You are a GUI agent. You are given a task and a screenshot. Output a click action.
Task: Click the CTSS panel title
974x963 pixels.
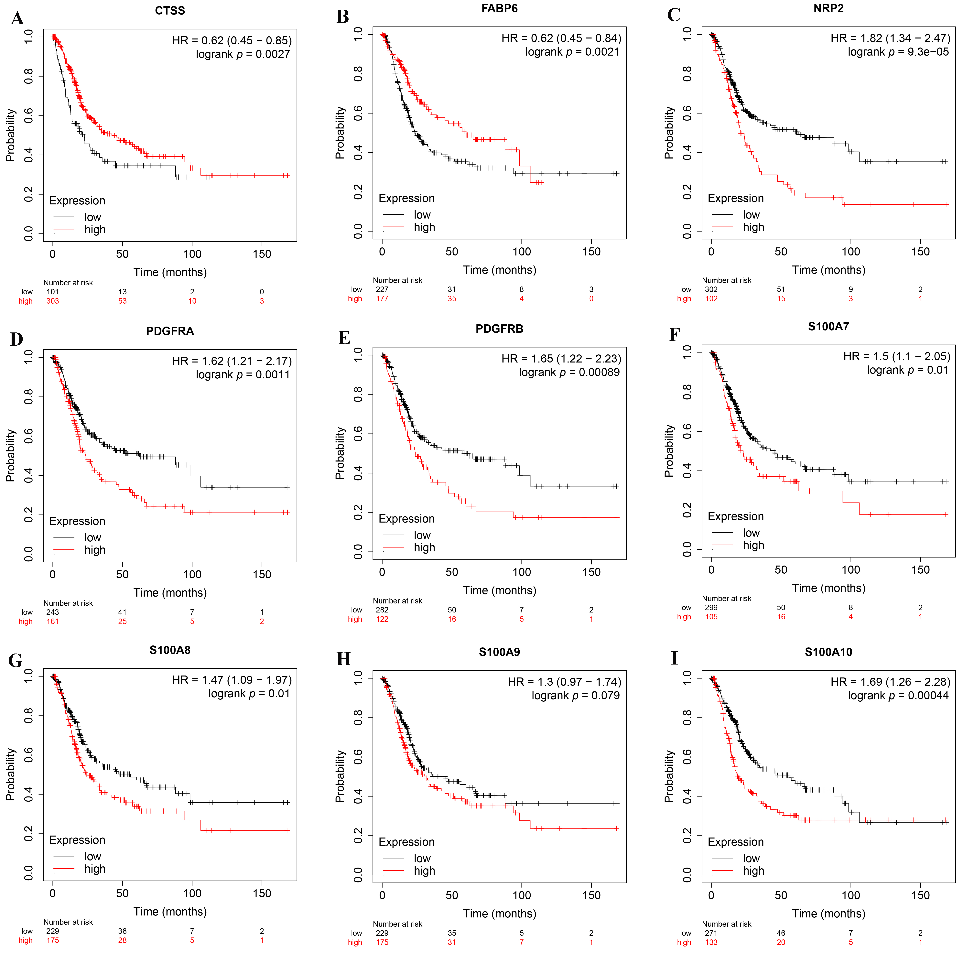point(170,11)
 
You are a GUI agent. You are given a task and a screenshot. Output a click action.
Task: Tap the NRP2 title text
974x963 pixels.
point(828,9)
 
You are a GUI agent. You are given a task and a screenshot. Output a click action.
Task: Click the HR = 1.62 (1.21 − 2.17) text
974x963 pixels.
point(231,361)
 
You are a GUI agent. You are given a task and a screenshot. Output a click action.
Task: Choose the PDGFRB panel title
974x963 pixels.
point(499,329)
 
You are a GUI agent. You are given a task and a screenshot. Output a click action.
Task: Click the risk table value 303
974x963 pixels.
point(52,301)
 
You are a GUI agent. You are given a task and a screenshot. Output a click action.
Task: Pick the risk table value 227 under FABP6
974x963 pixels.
point(382,289)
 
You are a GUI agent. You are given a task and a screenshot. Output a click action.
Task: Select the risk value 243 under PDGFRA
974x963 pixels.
point(52,612)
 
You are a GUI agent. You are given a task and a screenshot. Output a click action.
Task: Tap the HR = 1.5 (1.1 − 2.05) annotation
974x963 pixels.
point(896,356)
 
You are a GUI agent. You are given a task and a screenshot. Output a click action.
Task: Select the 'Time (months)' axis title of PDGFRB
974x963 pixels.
point(499,590)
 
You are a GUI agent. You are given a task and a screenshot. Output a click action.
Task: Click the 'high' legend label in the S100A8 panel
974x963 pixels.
point(95,869)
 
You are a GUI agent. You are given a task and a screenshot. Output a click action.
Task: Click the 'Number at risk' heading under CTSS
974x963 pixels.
point(68,283)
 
